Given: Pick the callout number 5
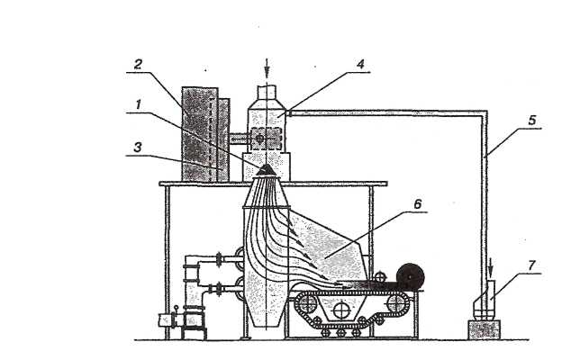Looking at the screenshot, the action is tap(530, 118).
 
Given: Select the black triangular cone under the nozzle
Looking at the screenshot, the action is tap(267, 169).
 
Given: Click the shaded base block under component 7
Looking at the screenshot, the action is tap(485, 328).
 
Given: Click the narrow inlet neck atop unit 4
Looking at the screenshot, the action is tap(267, 93).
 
